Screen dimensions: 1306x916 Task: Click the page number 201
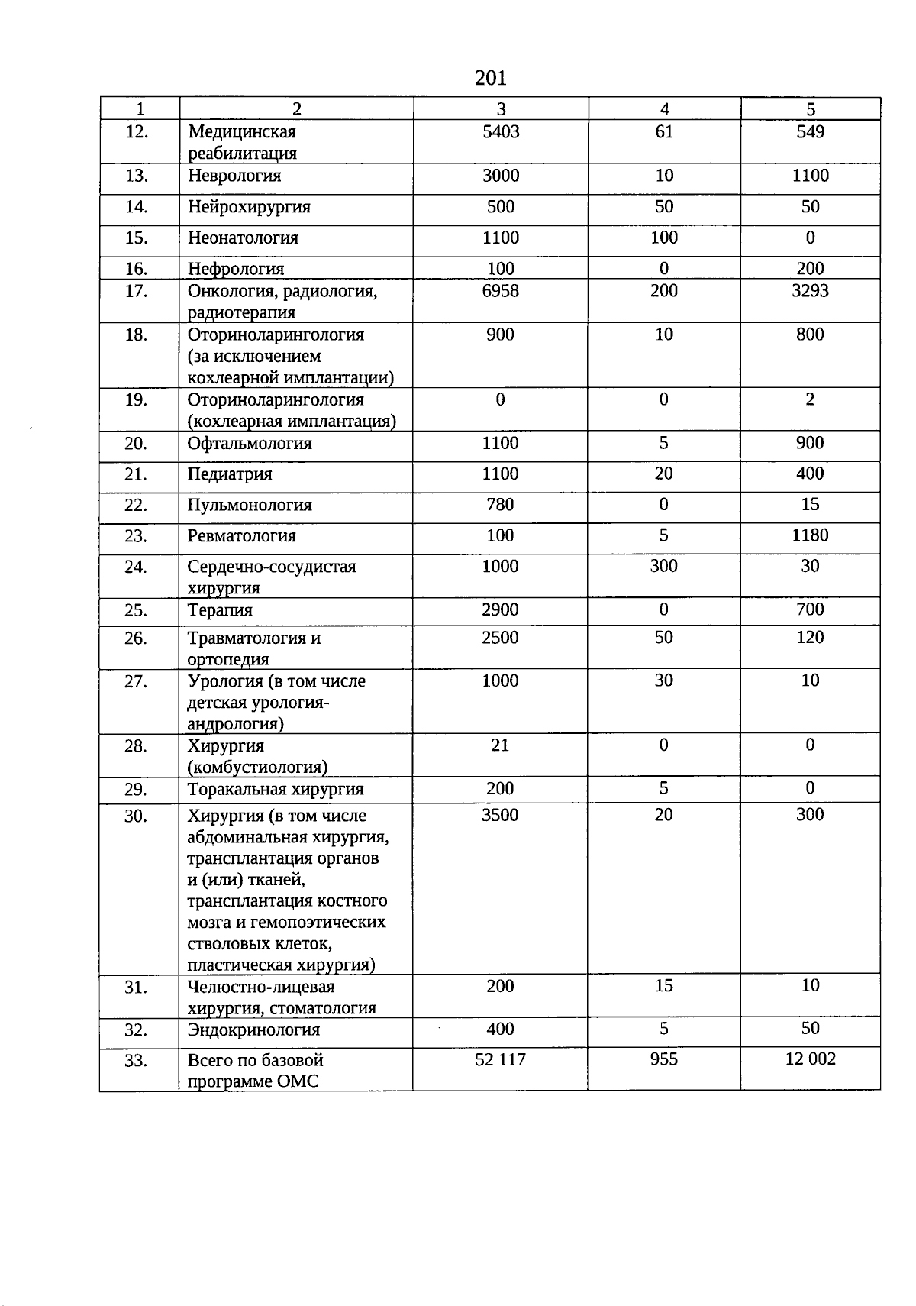tap(490, 78)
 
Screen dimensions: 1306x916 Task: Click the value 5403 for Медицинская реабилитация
tap(501, 132)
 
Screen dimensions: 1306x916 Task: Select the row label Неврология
tap(234, 176)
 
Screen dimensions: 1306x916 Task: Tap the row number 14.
tap(136, 207)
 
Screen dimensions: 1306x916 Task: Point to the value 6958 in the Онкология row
tap(501, 291)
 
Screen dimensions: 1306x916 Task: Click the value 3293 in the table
tap(810, 291)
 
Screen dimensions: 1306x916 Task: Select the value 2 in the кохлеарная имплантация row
tap(810, 399)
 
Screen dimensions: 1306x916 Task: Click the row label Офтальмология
tap(250, 444)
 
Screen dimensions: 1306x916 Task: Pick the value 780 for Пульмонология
tap(500, 505)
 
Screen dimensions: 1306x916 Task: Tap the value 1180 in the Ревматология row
tap(810, 535)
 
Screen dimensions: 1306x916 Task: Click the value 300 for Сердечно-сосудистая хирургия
tap(663, 566)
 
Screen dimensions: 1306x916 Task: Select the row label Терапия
tap(220, 610)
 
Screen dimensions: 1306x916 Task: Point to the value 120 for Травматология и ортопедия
tap(810, 638)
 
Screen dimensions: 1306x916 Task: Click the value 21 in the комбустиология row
tap(500, 745)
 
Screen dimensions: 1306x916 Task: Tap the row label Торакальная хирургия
tap(276, 790)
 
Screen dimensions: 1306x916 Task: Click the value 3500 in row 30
tap(500, 815)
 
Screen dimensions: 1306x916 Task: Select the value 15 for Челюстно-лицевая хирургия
tap(663, 986)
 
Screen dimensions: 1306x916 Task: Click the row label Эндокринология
tap(253, 1030)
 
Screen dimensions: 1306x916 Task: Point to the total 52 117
tap(500, 1059)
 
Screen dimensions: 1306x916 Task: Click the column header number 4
tap(664, 109)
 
